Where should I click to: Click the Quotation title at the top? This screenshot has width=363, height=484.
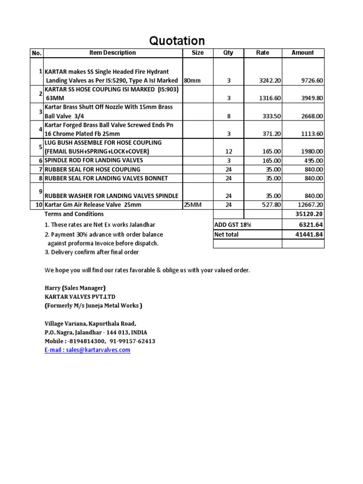click(177, 41)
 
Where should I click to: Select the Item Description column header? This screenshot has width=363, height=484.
click(112, 53)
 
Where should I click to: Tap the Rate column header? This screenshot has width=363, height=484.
click(262, 53)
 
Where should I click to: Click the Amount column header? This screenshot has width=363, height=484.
click(302, 53)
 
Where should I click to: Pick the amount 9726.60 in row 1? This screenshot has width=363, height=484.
click(312, 81)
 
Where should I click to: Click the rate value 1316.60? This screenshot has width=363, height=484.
click(270, 98)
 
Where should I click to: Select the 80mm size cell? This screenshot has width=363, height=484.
click(192, 81)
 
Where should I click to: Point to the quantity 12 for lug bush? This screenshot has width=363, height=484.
click(228, 151)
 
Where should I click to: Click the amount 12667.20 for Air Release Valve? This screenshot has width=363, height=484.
click(311, 205)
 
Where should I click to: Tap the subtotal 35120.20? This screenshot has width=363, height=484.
click(311, 214)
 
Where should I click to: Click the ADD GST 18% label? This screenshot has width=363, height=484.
click(233, 225)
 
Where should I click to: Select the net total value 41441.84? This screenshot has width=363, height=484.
click(311, 234)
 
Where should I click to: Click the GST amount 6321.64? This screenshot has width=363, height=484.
click(312, 225)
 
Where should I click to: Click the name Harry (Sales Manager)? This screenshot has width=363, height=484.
click(75, 288)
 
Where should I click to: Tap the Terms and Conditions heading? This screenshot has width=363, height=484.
click(74, 214)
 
